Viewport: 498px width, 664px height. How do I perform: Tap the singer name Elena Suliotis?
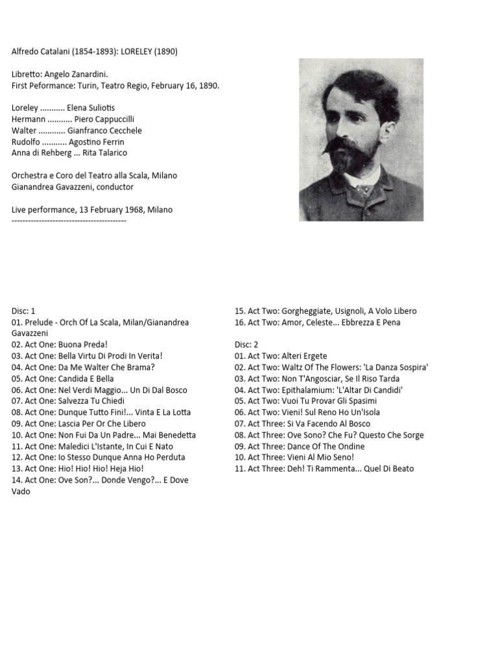tap(91, 108)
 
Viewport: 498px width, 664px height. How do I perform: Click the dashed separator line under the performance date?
tap(69, 221)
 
